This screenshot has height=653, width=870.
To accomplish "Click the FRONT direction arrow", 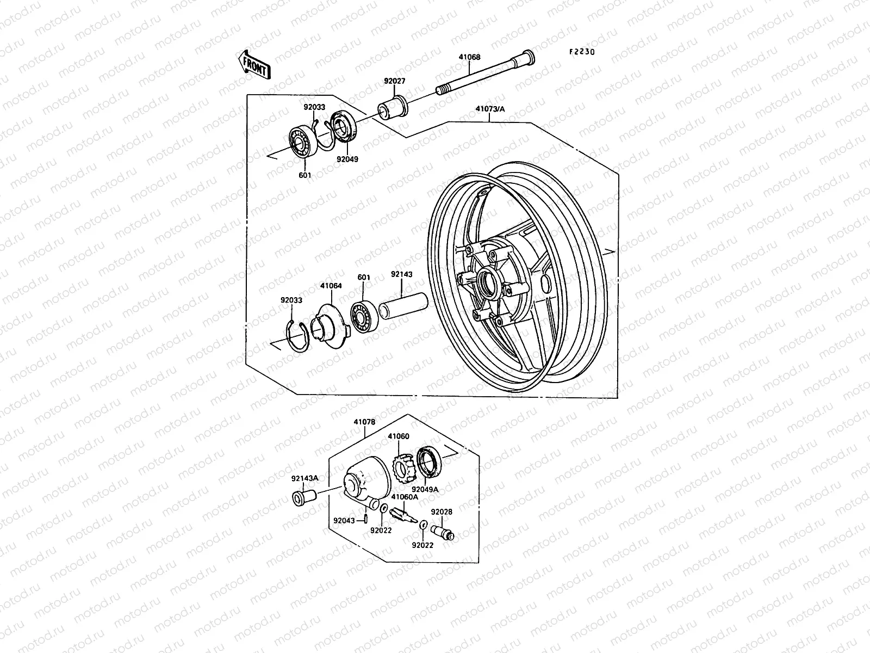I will pyautogui.click(x=254, y=65).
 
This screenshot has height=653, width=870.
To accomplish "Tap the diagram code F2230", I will pyautogui.click(x=582, y=52).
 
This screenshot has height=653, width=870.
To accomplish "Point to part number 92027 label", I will pyautogui.click(x=395, y=81).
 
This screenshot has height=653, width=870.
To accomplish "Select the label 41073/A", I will pyautogui.click(x=490, y=109).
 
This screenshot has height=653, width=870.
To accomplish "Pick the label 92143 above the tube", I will pyautogui.click(x=402, y=275).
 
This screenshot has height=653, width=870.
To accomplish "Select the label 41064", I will pyautogui.click(x=331, y=285).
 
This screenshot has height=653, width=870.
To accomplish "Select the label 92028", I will pyautogui.click(x=442, y=512).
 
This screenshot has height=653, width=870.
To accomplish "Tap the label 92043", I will pyautogui.click(x=344, y=520).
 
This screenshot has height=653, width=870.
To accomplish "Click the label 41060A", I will pyautogui.click(x=405, y=496).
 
